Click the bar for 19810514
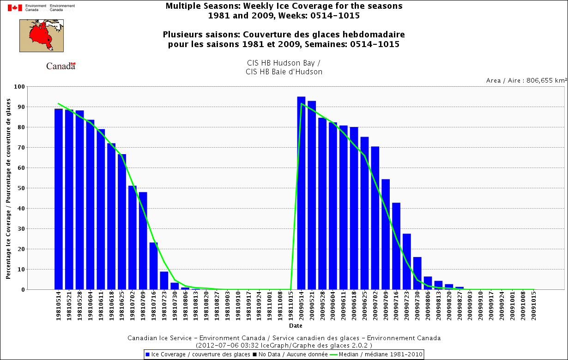[x=59, y=199]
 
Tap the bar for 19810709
[x=143, y=240]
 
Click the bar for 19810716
[x=154, y=266]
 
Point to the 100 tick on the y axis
[x=19, y=87]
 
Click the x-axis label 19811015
[x=291, y=306]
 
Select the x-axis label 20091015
[x=534, y=306]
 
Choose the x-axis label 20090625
[x=365, y=306]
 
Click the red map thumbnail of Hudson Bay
[x=42, y=36]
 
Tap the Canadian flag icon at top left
[x=15, y=7]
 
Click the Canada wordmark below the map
[x=60, y=66]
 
